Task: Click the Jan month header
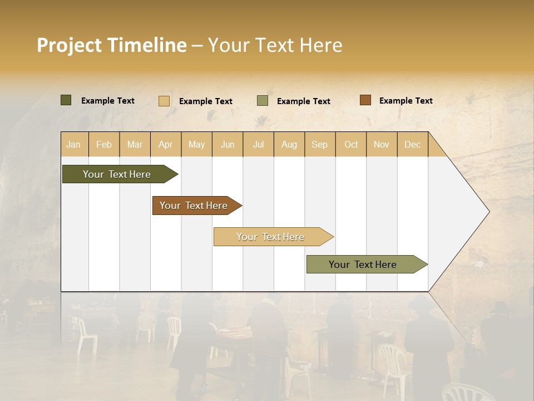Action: (x=73, y=144)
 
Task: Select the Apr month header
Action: (x=166, y=144)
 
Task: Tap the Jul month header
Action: (x=258, y=144)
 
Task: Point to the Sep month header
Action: (x=319, y=144)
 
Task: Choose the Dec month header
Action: (x=412, y=144)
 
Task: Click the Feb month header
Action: (x=104, y=144)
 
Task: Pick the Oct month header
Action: (x=351, y=144)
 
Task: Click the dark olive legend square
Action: (x=66, y=100)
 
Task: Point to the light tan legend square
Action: (x=164, y=101)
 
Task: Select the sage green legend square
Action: (x=263, y=101)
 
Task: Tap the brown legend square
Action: (x=365, y=100)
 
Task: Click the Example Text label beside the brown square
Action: (x=406, y=101)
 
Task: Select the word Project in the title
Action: (x=68, y=45)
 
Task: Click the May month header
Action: (x=196, y=144)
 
